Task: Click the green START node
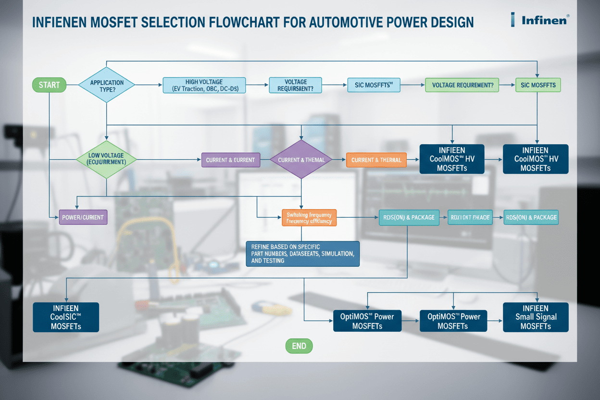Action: (x=49, y=85)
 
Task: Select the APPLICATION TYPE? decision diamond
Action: (x=107, y=85)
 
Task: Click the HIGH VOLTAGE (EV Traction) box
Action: (x=204, y=85)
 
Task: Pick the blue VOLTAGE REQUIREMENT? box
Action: (x=295, y=85)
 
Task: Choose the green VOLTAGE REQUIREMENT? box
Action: (x=462, y=85)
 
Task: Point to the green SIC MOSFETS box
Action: (x=538, y=85)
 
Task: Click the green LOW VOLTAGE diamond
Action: (x=106, y=159)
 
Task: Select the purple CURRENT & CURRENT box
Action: (x=230, y=160)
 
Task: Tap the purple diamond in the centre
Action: (x=301, y=160)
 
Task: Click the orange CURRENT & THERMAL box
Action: (x=376, y=160)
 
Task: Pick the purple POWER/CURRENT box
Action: (x=83, y=217)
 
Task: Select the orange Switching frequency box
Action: (x=309, y=217)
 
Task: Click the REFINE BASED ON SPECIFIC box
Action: (x=302, y=253)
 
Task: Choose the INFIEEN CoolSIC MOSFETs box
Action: (x=66, y=317)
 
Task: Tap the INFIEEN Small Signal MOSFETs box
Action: (x=536, y=317)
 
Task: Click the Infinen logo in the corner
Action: (x=539, y=20)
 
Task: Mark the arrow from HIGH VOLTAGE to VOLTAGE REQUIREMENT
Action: (x=257, y=85)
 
